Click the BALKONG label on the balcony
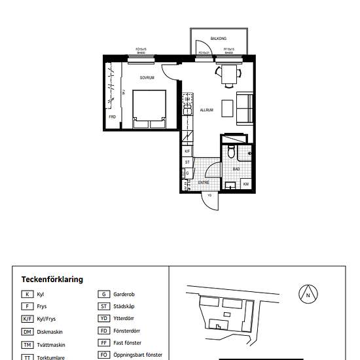coord(219,39)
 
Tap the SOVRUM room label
coord(147,77)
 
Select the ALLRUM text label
coord(207,110)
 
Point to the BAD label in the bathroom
coord(236,169)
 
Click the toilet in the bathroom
coord(231,152)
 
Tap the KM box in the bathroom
coord(246,185)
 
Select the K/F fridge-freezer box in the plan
coord(187,151)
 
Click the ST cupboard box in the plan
coord(187,162)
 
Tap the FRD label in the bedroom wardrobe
coord(113,117)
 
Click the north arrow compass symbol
coord(308,295)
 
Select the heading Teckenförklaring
coord(52,279)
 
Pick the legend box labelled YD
coord(103,319)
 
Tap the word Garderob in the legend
coord(124,295)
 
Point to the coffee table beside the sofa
coord(228,108)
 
